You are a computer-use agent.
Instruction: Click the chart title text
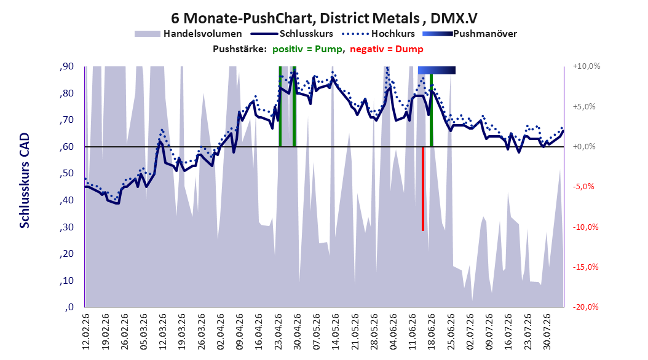click(x=324, y=18)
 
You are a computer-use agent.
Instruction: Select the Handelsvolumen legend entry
click(x=188, y=34)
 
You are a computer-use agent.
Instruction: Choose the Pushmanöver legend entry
click(x=470, y=34)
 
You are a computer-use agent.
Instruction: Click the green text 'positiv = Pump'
click(x=307, y=49)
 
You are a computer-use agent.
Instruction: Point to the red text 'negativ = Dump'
click(x=387, y=49)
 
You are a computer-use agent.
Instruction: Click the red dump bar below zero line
click(x=423, y=189)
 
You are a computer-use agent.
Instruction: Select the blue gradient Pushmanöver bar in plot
click(x=437, y=70)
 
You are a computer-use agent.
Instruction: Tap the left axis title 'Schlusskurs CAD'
click(x=25, y=181)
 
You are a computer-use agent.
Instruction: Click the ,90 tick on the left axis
click(x=66, y=66)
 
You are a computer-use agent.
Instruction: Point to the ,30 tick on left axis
click(x=66, y=227)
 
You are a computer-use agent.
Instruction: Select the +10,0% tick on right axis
click(x=587, y=66)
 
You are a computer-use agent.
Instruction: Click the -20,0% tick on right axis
click(x=585, y=307)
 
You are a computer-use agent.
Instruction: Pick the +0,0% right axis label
click(x=584, y=147)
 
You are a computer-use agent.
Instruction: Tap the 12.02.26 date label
click(x=86, y=332)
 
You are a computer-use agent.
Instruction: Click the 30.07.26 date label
click(x=547, y=332)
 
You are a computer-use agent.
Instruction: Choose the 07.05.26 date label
click(x=317, y=332)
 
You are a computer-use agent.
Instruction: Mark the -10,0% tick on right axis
click(x=585, y=227)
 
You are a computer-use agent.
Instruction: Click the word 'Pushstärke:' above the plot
click(x=240, y=49)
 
